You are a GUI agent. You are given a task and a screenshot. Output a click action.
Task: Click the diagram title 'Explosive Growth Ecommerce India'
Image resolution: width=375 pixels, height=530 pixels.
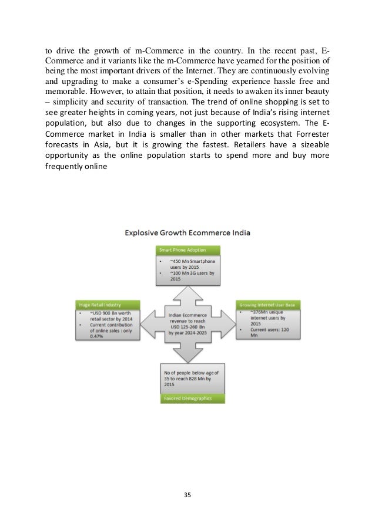point(187,232)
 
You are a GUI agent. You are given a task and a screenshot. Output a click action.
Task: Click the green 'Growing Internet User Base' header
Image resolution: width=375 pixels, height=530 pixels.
point(268,305)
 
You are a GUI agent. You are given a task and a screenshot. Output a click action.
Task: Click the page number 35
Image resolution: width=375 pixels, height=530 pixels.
point(187,494)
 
